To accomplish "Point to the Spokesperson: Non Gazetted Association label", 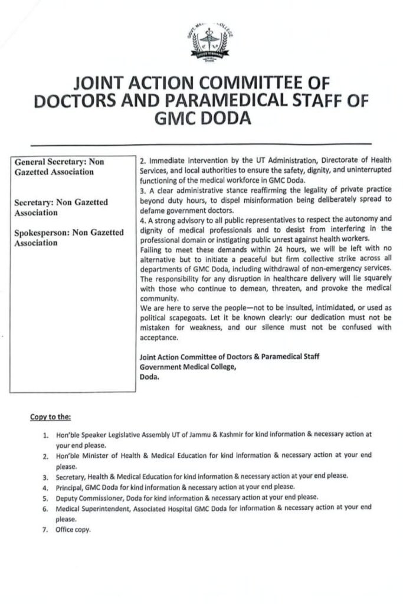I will coord(69,237).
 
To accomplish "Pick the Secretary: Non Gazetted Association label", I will coord(61,207).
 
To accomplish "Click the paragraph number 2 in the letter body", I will coord(142,160).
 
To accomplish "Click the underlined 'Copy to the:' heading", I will coord(50,417).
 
